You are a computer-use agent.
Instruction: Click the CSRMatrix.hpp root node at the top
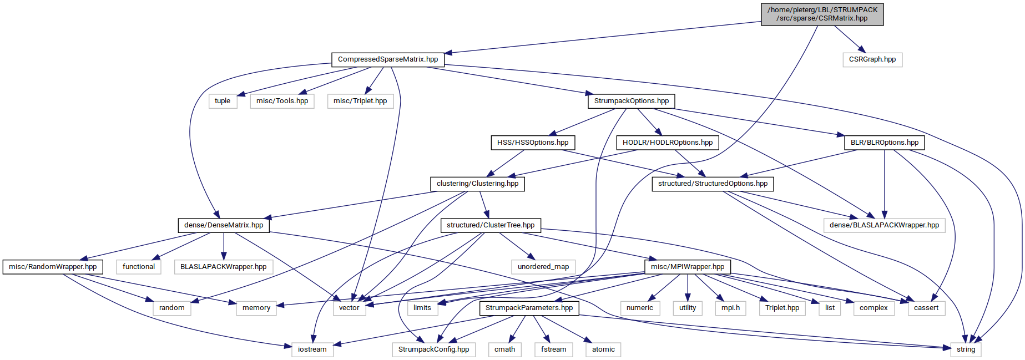[822, 14]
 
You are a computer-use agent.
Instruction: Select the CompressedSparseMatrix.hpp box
[388, 59]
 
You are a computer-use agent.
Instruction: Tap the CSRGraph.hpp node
[872, 59]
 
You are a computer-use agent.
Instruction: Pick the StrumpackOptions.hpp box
[631, 101]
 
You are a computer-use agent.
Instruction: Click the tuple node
[223, 101]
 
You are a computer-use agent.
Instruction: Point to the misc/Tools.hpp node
[282, 101]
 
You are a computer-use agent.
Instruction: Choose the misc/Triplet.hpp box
[360, 101]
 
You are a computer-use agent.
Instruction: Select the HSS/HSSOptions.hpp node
[533, 143]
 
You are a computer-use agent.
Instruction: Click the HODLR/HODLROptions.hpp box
[668, 143]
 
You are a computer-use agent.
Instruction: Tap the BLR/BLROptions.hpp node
[885, 143]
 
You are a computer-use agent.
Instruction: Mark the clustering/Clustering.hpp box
[477, 184]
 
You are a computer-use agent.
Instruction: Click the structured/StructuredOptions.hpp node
[713, 184]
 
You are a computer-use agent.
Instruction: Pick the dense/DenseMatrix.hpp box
[224, 225]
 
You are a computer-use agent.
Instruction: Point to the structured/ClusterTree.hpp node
[491, 225]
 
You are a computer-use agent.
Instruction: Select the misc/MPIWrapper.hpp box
[688, 267]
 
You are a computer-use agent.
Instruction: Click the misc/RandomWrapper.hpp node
[53, 267]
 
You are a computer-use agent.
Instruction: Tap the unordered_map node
[543, 267]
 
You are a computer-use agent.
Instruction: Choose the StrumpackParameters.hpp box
[529, 308]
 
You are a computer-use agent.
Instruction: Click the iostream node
[312, 349]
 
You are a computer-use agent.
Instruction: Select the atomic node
[603, 349]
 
